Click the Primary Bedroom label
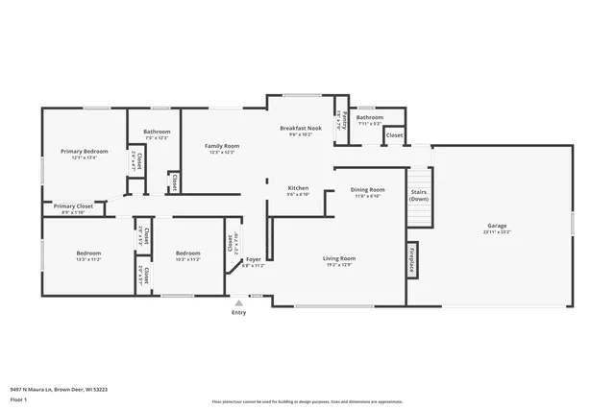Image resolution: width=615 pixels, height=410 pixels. point(85,151)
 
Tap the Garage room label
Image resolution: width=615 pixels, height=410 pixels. point(497,228)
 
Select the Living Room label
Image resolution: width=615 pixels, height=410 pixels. point(338,258)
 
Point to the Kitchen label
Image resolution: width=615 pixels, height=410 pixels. point(299,187)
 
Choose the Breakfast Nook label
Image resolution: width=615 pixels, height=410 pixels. point(300,128)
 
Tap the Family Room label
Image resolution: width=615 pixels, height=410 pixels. point(222,146)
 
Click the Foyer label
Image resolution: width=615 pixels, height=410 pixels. point(253,259)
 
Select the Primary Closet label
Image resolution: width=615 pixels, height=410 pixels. point(73,206)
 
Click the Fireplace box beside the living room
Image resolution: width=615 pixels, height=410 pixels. point(411,260)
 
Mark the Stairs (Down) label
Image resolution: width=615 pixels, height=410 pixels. point(419,196)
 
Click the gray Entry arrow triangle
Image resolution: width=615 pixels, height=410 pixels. point(239,302)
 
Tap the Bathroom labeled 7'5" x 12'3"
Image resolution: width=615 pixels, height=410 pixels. point(157,132)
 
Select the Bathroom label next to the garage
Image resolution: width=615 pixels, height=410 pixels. point(369,118)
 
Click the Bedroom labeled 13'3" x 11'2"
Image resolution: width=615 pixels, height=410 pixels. point(88,253)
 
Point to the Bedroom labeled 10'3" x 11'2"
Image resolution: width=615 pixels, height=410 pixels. point(187,253)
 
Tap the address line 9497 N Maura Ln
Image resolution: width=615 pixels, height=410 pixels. point(58,389)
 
